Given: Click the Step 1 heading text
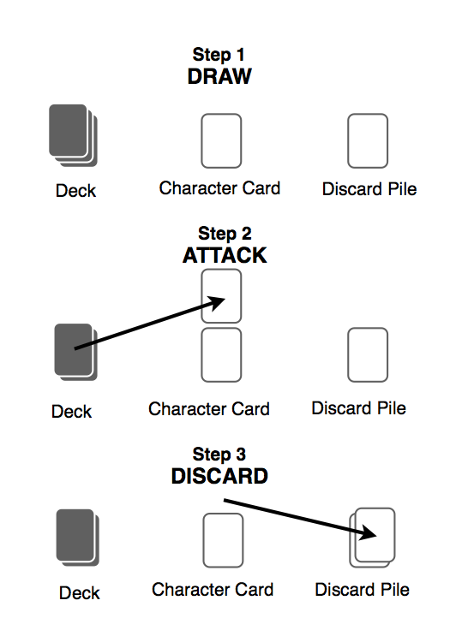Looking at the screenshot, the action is [219, 55].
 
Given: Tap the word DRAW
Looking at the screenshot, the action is [219, 76].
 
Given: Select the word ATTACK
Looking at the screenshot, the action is [225, 255].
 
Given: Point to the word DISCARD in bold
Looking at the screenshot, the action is [219, 476].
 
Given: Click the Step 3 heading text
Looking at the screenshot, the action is [219, 455].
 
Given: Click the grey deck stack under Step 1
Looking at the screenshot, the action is [73, 135].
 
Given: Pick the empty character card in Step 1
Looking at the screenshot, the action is [221, 141].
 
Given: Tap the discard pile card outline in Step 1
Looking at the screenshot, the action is [368, 141].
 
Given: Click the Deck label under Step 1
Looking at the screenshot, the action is [75, 191].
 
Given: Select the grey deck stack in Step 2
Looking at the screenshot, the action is [75, 353].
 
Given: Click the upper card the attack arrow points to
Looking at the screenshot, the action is [221, 296].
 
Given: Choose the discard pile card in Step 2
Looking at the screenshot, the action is [368, 355].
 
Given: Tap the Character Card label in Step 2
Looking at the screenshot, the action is [209, 409].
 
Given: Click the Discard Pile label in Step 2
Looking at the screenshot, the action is [358, 408].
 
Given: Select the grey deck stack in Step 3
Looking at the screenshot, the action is [78, 538].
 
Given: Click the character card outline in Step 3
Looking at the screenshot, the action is [224, 540].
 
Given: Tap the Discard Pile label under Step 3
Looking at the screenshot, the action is [362, 590].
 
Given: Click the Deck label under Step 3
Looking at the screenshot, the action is [79, 593].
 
